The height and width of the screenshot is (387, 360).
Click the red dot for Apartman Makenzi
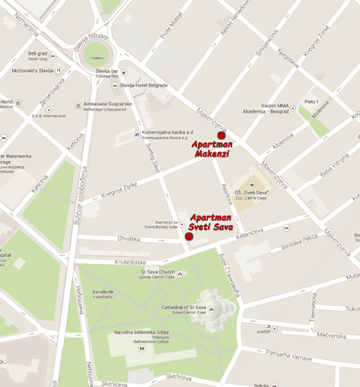(221, 135)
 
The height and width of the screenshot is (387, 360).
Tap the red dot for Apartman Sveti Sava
(189, 236)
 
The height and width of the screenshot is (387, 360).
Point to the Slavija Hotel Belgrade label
(147, 86)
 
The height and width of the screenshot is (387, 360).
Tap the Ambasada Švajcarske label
(107, 105)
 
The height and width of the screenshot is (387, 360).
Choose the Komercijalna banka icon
(137, 134)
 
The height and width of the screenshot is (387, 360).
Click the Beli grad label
(38, 54)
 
